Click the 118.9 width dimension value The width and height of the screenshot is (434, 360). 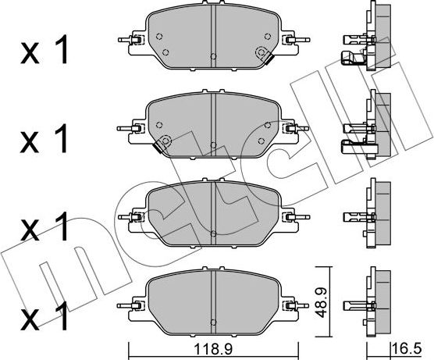213,349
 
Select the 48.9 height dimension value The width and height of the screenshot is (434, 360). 322,302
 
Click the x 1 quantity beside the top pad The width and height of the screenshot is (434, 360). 44,50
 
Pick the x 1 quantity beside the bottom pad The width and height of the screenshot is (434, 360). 44,316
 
